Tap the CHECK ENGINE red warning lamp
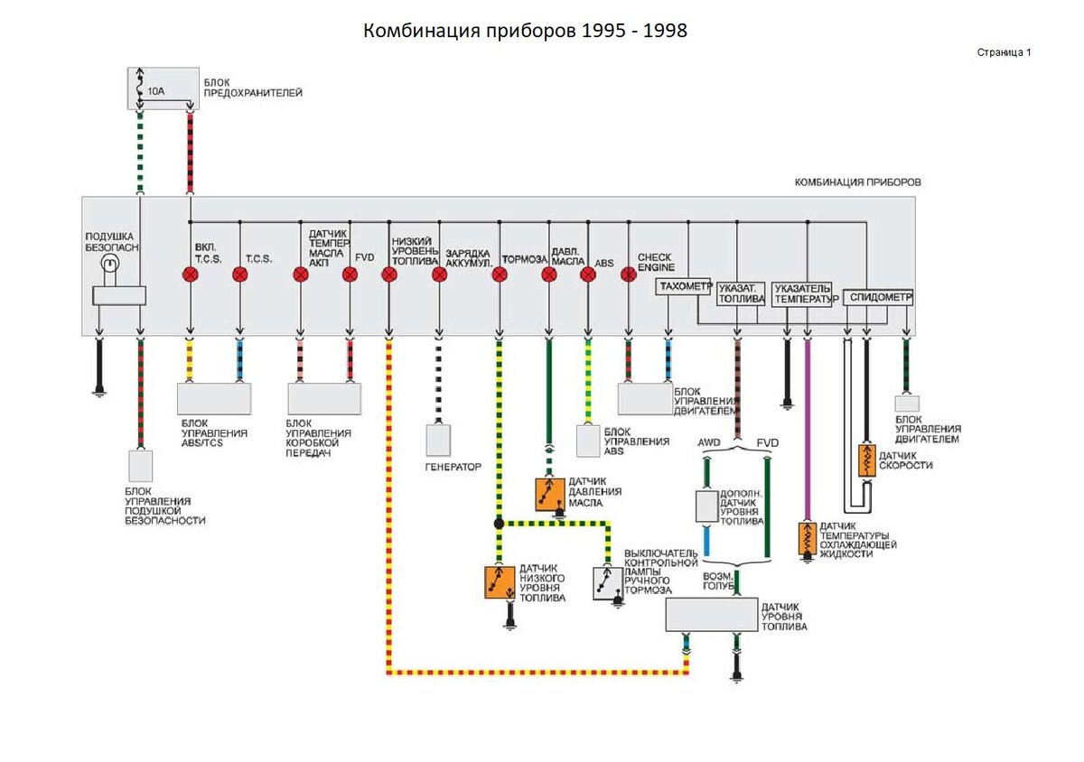(629, 274)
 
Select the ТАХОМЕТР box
(684, 287)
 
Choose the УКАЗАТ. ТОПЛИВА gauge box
(742, 293)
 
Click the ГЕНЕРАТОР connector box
(439, 440)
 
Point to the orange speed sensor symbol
(866, 460)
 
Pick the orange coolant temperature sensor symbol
(806, 538)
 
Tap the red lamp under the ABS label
(588, 274)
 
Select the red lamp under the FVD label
(350, 274)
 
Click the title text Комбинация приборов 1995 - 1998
(525, 31)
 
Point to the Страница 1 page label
(1004, 52)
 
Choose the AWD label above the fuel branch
(709, 442)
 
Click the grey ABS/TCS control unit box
(214, 398)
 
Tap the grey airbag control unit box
(140, 466)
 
